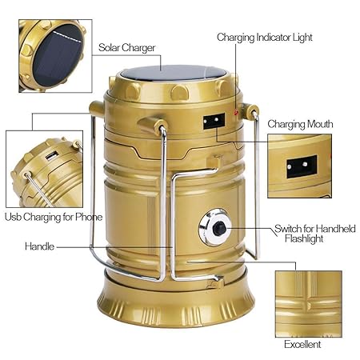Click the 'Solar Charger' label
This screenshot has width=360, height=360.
(128, 47)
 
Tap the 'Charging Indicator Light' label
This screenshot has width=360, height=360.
(264, 37)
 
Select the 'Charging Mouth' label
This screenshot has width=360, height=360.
(300, 124)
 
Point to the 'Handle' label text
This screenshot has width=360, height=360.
(39, 246)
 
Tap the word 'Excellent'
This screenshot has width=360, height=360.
(302, 344)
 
